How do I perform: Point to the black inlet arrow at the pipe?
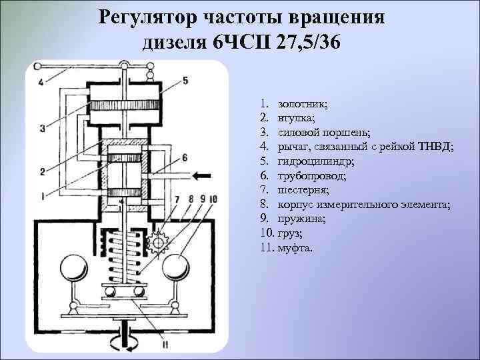click(x=200, y=175)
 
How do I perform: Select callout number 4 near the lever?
click(x=41, y=82)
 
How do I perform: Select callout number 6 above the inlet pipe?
click(x=185, y=157)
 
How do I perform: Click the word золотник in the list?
click(x=302, y=103)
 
